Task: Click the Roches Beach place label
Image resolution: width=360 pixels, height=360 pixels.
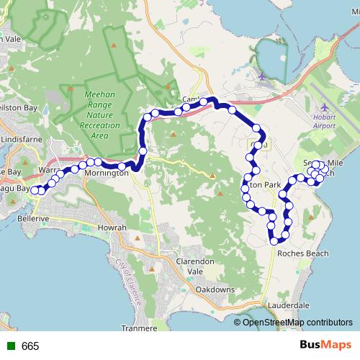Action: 301,253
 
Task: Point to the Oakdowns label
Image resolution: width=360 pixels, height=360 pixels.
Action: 215,289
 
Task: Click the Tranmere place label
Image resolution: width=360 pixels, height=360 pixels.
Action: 140,328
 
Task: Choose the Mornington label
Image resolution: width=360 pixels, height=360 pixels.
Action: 106,174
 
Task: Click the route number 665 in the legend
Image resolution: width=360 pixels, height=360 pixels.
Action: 30,346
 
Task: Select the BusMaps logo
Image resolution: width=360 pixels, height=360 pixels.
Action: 325,346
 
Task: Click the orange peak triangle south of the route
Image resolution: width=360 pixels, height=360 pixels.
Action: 213,176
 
